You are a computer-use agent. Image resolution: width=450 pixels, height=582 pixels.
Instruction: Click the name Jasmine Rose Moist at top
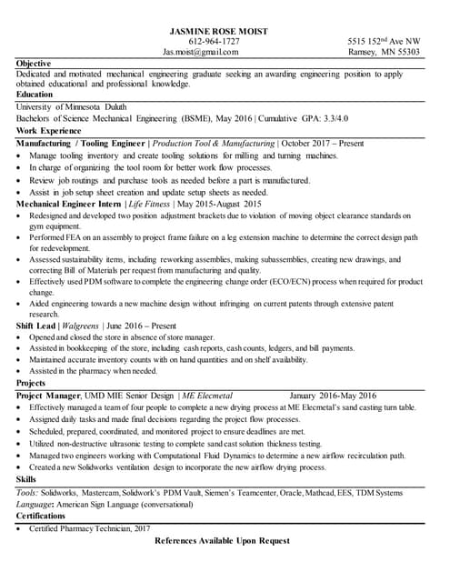[214, 31]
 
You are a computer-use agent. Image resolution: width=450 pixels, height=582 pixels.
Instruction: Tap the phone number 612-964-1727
[214, 42]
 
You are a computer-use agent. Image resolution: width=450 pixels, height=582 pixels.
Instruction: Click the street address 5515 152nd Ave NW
[384, 42]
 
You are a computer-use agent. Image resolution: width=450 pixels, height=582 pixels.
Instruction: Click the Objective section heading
[34, 64]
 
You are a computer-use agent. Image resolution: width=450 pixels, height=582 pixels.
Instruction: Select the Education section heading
[35, 95]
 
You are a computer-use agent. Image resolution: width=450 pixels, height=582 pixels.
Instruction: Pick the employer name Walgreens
[82, 325]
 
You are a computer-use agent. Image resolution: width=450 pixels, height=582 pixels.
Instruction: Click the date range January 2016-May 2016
[332, 396]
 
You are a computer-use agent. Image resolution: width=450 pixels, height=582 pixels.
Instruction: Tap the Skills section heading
[25, 479]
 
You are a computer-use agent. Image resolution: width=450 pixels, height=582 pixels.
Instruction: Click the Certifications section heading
[41, 516]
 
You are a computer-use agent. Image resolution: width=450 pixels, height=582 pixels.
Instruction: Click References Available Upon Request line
[224, 541]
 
